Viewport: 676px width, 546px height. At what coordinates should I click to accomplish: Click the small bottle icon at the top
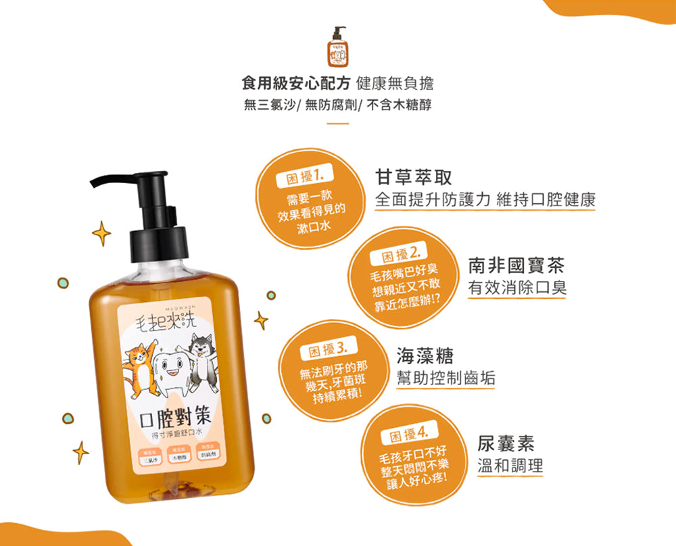tap(337, 47)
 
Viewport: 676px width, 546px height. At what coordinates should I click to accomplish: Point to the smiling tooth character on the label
tap(168, 369)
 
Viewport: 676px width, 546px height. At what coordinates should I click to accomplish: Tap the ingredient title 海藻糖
tap(425, 355)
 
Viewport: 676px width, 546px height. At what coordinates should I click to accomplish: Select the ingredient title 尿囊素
tap(506, 443)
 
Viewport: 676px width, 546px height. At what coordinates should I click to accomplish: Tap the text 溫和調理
tap(510, 466)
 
